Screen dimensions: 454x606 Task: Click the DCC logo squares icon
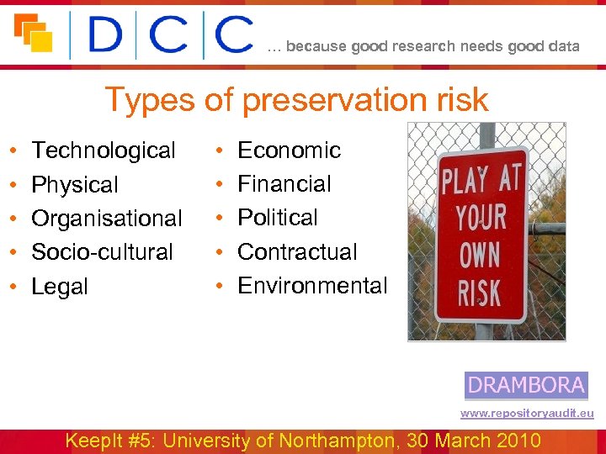(34, 34)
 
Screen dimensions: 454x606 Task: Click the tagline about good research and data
(423, 46)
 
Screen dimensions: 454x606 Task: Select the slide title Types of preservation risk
(295, 100)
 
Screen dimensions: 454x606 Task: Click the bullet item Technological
(104, 150)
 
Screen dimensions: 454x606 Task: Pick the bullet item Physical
(75, 185)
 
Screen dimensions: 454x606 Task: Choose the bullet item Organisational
(106, 219)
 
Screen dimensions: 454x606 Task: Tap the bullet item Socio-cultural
(102, 251)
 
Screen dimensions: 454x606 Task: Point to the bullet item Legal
(59, 287)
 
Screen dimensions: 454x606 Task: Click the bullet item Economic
(289, 150)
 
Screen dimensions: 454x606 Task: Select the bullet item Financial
(284, 184)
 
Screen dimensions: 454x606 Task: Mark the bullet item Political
(278, 218)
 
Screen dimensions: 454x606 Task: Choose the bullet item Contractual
(297, 251)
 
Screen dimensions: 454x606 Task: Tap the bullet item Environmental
(312, 286)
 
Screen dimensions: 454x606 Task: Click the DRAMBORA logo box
(526, 386)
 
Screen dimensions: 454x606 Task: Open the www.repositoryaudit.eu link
(527, 414)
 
